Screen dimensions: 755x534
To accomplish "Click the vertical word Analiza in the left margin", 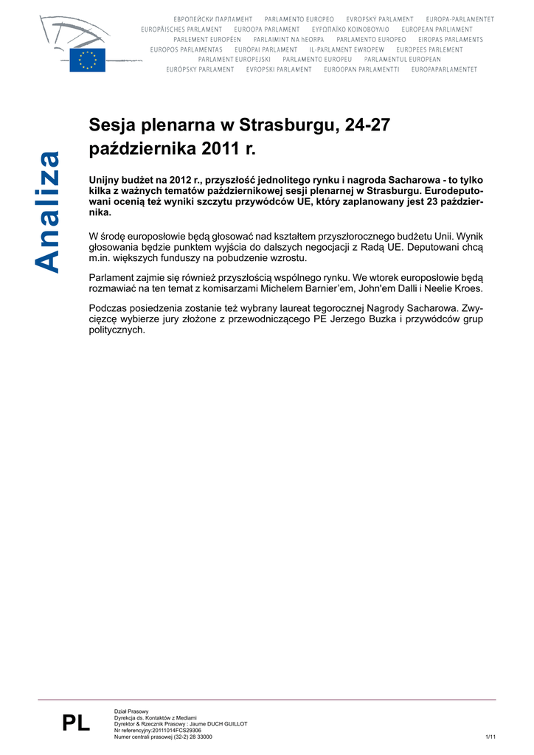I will coord(49,212).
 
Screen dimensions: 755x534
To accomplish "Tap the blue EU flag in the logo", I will coord(87,60).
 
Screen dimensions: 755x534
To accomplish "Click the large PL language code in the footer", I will coord(76,723).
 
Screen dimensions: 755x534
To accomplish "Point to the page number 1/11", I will coord(490,737).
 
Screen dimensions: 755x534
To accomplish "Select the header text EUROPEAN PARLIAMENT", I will coord(437,29).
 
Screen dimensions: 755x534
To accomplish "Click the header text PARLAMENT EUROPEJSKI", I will coord(235,59).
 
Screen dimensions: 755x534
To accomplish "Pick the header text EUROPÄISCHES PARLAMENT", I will coord(181,29).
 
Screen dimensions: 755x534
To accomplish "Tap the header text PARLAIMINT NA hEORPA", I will coord(288,39).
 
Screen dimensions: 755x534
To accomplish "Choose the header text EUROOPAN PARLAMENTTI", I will coord(361,69).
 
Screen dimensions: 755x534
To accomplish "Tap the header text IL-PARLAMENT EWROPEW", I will coord(347,49).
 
